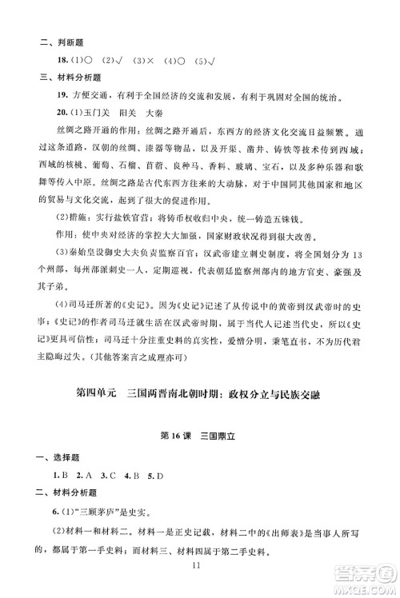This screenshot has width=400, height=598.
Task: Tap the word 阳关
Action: [x=110, y=116]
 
